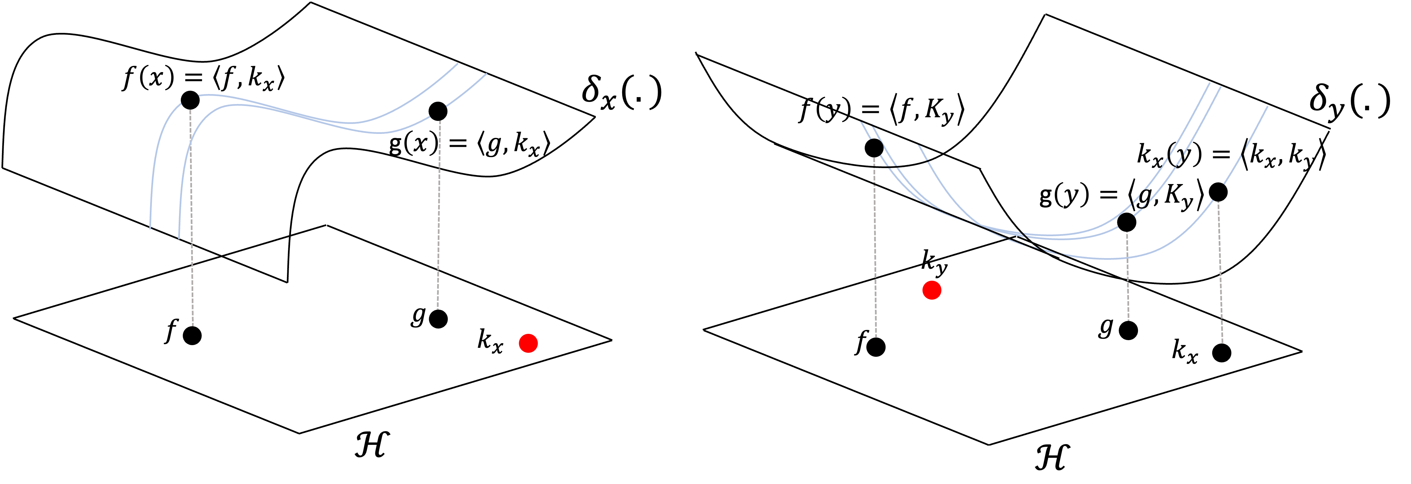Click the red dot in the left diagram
(528, 343)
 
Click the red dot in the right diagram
(932, 290)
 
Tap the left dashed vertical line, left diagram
(192, 219)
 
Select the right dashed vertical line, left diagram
(439, 219)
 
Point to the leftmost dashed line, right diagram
(875, 246)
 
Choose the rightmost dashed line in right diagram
(1220, 274)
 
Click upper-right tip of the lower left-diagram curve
(486, 74)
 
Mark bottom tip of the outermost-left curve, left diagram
(150, 229)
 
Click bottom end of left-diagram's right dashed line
(438, 309)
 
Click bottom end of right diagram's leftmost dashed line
(876, 337)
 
